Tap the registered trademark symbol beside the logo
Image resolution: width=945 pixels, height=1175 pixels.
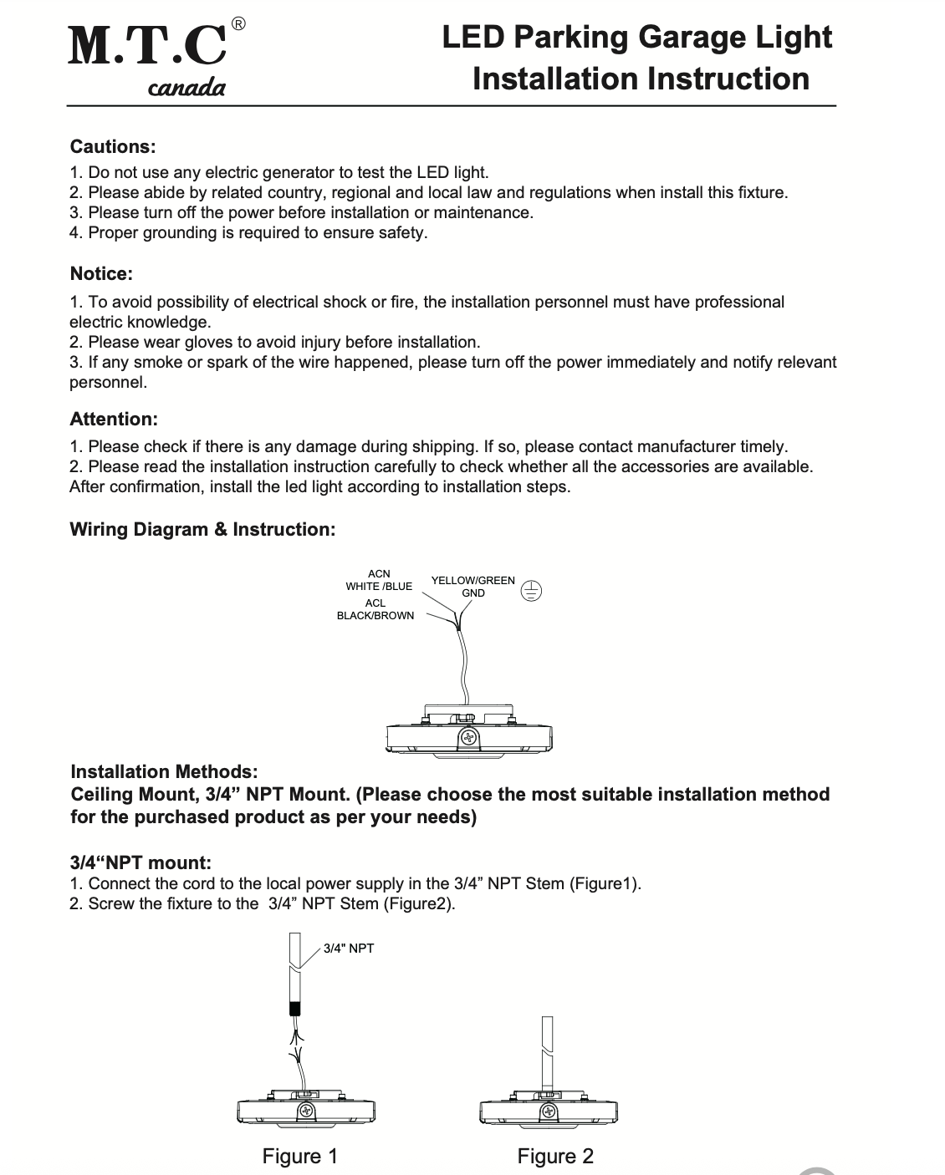238,24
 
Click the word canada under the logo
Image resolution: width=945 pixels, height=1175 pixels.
186,87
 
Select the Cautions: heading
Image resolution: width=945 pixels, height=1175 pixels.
113,147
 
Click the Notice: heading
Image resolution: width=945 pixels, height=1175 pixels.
101,274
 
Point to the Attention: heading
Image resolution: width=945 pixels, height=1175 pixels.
114,419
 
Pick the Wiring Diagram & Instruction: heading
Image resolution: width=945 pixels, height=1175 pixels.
202,529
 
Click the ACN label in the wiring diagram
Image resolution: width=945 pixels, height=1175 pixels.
379,573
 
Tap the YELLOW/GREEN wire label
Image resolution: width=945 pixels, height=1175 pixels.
472,580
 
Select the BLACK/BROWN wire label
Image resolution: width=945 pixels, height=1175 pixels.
375,616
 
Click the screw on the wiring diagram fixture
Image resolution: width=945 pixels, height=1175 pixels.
468,737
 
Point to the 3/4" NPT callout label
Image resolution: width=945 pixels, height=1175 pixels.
349,949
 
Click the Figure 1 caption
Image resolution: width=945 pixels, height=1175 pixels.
300,1157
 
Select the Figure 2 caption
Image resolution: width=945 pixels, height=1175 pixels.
555,1157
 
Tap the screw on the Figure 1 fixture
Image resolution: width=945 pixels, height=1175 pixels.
306,1111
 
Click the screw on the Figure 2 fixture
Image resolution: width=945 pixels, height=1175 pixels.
549,1111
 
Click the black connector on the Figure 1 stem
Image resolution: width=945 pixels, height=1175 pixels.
294,1007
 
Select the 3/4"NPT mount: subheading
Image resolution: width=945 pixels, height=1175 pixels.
140,862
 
